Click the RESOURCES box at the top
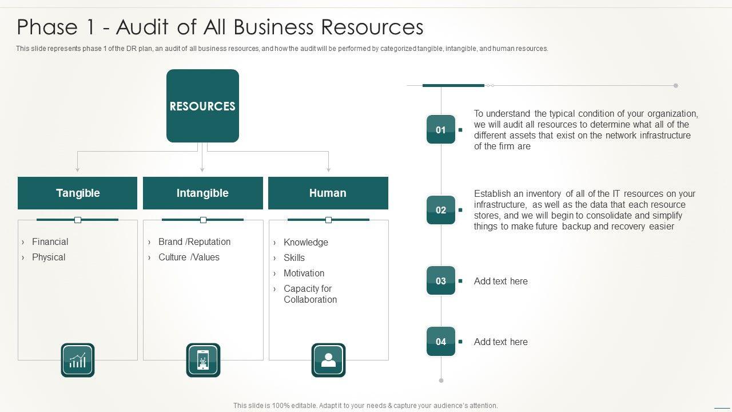pos(202,106)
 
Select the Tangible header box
pos(78,193)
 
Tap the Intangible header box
pos(202,193)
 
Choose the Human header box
pos(328,193)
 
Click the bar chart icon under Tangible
pos(78,360)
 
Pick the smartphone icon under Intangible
pos(203,360)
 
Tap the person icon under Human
pos(328,360)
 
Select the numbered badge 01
pos(441,130)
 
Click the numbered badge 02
pos(441,210)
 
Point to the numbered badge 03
pos(441,281)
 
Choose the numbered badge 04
pos(441,342)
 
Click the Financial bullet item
pos(50,242)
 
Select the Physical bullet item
pos(49,257)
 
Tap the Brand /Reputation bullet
pos(194,242)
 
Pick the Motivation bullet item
pos(304,274)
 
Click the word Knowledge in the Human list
pos(306,243)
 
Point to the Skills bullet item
pos(294,258)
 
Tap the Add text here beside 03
pos(501,282)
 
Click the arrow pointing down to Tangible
pos(78,168)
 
